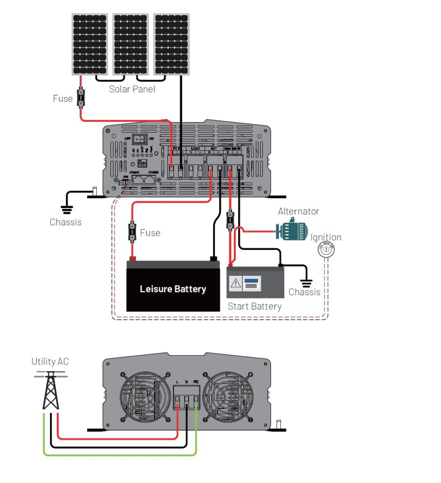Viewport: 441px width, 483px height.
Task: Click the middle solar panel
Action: (x=130, y=44)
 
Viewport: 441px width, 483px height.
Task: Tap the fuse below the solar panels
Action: (x=81, y=98)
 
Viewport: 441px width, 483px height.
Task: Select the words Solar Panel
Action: (x=132, y=89)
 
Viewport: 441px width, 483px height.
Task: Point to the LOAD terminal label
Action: (x=195, y=149)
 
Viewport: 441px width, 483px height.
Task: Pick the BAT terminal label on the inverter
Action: (x=214, y=149)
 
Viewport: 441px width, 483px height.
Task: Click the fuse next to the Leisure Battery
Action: (x=133, y=233)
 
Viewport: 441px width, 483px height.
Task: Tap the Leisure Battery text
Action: (x=173, y=289)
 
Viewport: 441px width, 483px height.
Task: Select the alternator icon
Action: (x=291, y=230)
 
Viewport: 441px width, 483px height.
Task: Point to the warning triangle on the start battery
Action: (x=236, y=283)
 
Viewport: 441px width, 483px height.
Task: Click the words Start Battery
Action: (x=254, y=307)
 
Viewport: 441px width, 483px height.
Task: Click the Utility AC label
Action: (x=50, y=362)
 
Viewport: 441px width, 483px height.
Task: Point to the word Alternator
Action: (x=298, y=211)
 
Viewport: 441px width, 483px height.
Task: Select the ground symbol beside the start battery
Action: (x=307, y=283)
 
